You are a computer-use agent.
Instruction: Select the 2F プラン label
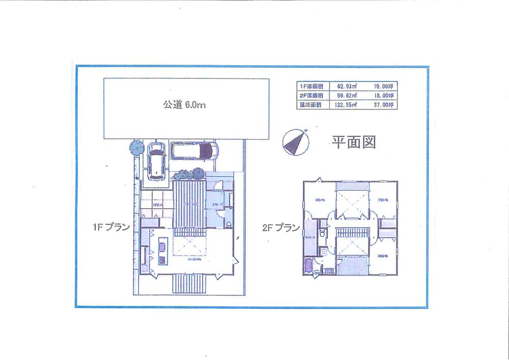pos(281,228)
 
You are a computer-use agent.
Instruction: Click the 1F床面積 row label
pos(310,86)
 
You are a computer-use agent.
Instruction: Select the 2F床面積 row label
pos(310,95)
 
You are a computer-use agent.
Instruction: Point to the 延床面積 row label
pos(310,104)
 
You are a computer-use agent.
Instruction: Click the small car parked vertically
pos(155,160)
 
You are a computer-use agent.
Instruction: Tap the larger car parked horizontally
pos(194,151)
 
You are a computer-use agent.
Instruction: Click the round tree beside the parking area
pos(136,147)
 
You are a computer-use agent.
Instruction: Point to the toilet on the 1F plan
pos(229,225)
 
